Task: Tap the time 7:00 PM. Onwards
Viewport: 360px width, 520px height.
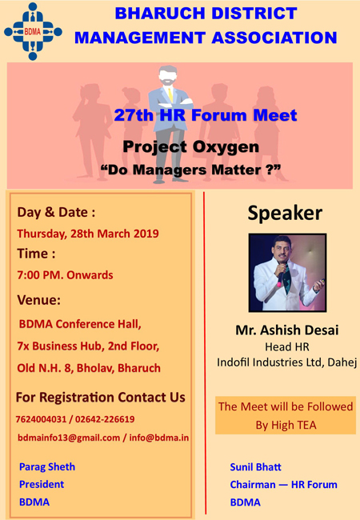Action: point(66,275)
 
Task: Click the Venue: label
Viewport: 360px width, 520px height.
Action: point(39,300)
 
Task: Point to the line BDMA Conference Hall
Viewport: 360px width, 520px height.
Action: point(80,324)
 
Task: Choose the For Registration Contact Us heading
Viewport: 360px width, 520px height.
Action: point(101,398)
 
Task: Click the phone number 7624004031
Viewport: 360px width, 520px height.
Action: point(42,418)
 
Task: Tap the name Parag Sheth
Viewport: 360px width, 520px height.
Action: point(47,466)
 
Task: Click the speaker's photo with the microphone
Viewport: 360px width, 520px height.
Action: point(285,272)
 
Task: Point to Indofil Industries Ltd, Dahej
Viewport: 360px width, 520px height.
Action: point(285,362)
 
